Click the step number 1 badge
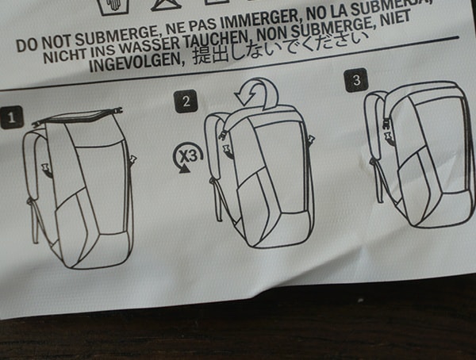pos(11,120)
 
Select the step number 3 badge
pos(355,81)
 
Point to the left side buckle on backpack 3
pos(388,135)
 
